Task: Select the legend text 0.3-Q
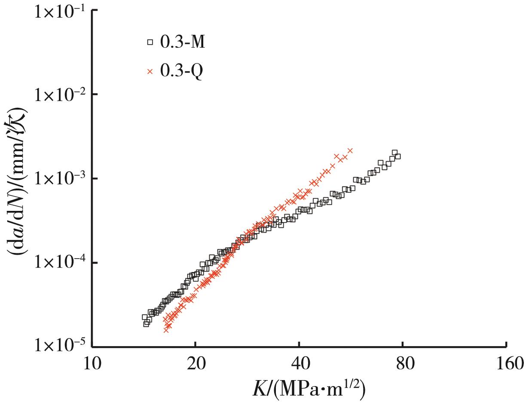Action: [182, 72]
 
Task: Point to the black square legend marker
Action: [150, 42]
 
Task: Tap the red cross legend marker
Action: [150, 72]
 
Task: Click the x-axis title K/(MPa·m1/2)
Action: [308, 389]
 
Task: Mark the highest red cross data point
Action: [350, 151]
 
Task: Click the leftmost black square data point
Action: [145, 317]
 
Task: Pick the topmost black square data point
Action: [394, 152]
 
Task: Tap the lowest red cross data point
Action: [166, 330]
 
